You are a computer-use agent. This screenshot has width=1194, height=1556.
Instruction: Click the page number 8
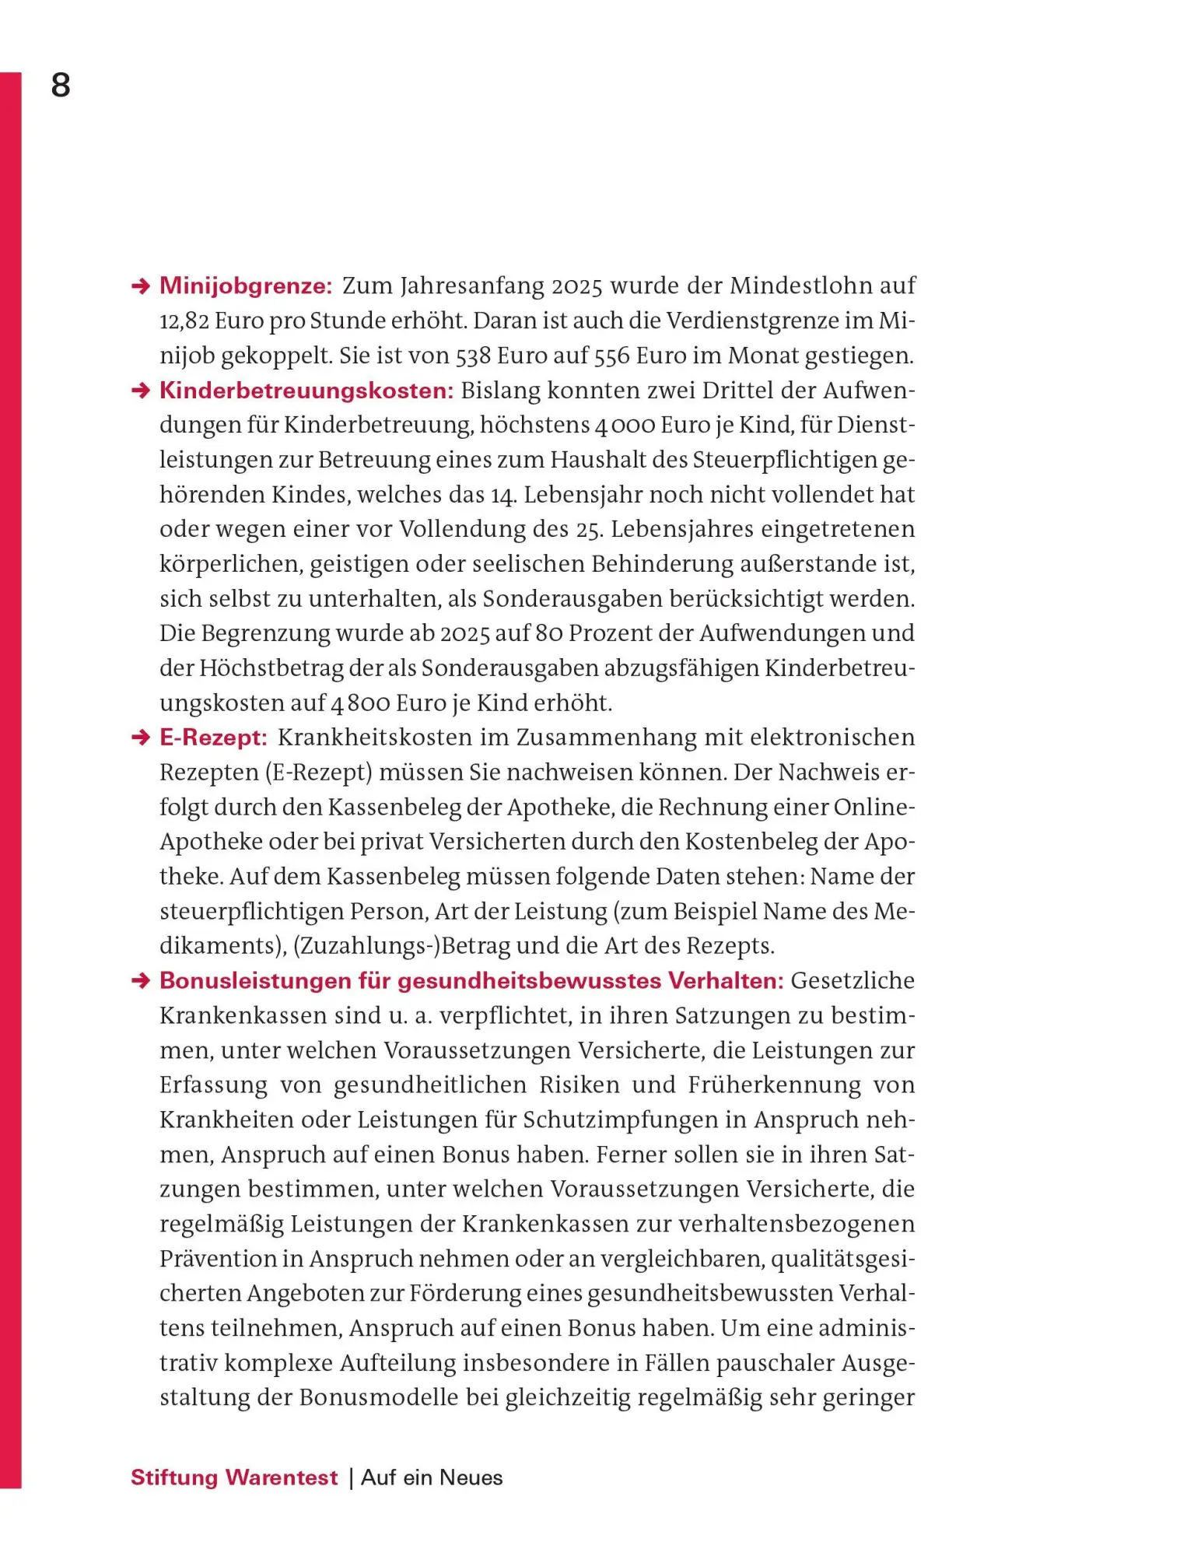point(61,85)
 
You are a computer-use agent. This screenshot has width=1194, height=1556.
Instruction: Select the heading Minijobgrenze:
point(246,286)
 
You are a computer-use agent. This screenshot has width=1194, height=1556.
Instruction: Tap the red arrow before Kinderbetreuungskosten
point(141,391)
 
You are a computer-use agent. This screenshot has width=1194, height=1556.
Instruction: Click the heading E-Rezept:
point(213,738)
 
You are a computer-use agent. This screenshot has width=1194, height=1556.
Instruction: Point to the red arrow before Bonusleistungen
point(141,981)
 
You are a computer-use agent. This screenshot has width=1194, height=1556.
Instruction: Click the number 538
point(473,356)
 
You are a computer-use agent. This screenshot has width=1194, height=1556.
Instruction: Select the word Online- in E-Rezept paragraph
point(874,808)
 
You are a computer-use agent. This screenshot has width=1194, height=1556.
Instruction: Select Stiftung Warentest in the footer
point(234,1478)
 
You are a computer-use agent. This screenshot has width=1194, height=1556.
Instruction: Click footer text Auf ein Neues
point(432,1478)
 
